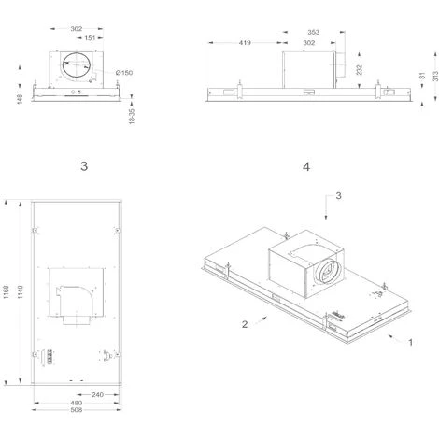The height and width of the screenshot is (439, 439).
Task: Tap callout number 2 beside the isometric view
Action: point(244,324)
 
